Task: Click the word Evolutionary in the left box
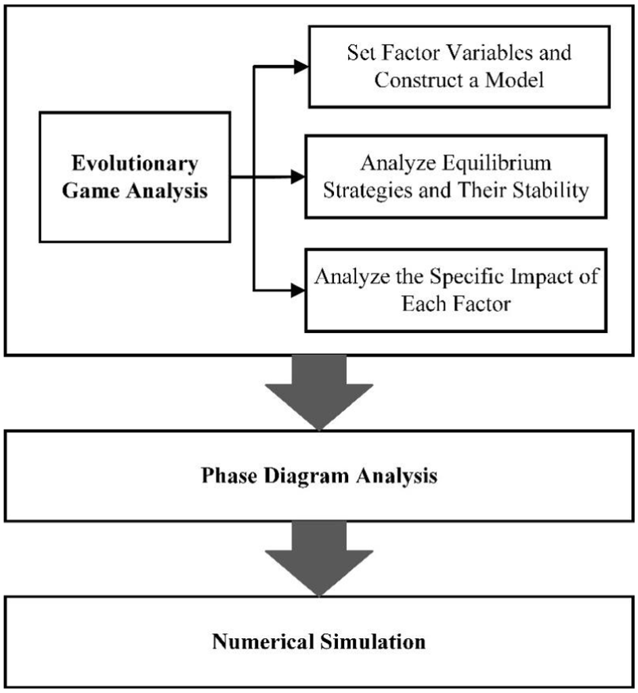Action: click(135, 164)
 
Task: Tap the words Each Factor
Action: click(455, 304)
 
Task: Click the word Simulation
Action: click(372, 640)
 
